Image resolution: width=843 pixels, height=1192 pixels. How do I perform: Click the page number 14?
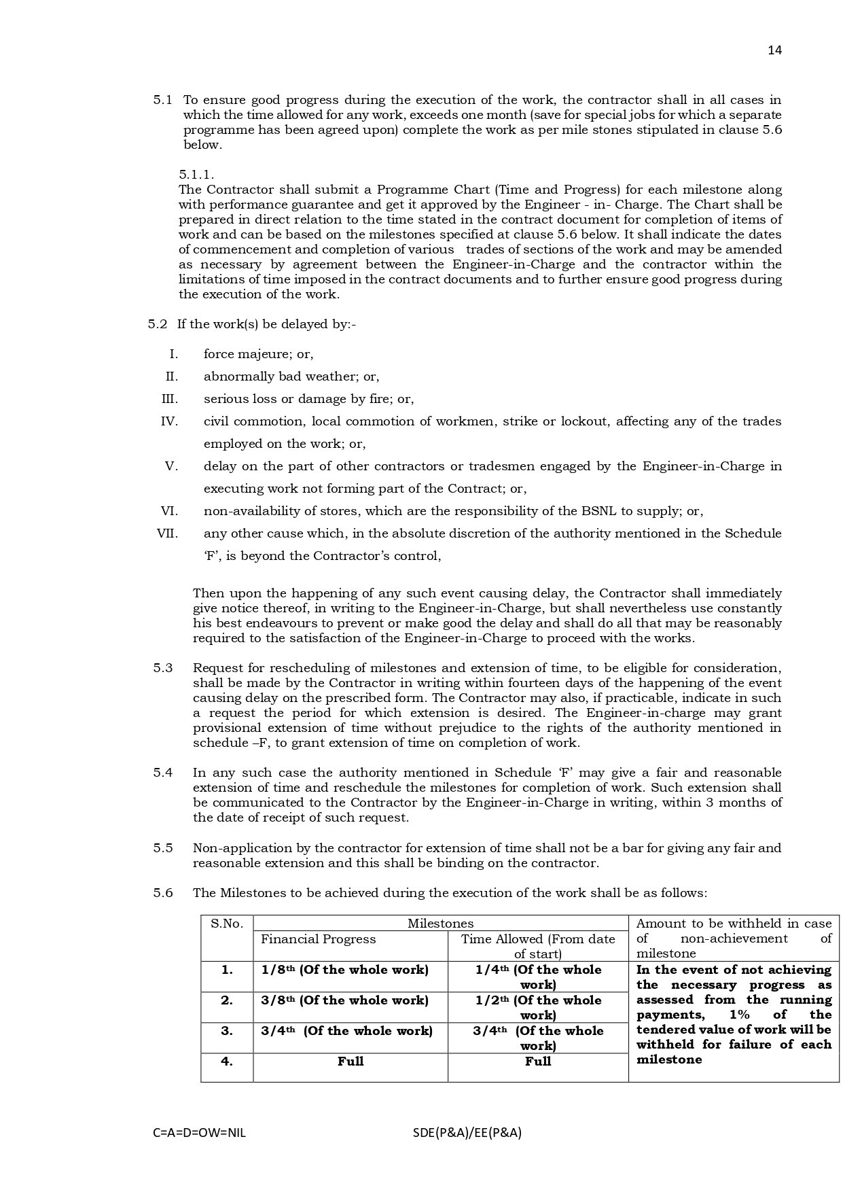coord(774,50)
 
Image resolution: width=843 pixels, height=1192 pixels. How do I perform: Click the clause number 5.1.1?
coord(196,175)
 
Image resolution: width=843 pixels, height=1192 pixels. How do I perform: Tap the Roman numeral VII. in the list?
coord(167,533)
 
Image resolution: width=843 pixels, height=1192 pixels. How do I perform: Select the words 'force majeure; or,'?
coord(258,354)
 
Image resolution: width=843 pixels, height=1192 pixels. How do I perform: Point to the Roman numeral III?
coord(169,399)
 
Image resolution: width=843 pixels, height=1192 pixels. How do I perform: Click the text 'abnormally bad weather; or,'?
coord(291,376)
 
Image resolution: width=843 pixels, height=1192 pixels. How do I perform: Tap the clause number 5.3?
coord(163,668)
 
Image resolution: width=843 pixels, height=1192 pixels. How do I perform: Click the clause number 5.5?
coord(163,848)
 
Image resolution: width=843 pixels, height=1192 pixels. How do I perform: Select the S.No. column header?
coord(227,924)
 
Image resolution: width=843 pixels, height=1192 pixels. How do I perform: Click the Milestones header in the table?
coord(440,924)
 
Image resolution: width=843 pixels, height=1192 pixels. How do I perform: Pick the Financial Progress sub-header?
coord(318,939)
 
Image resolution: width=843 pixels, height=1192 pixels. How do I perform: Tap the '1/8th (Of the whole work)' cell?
coord(344,970)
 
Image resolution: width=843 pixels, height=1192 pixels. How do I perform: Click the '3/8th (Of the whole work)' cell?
coord(344,1000)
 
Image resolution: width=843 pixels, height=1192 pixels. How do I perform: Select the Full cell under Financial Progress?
coord(351,1062)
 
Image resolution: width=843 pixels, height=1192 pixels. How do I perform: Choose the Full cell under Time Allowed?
coord(538,1062)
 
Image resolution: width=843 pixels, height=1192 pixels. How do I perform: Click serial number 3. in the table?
coord(227,1031)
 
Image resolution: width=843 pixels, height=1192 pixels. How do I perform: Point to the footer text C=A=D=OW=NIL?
coord(200,1133)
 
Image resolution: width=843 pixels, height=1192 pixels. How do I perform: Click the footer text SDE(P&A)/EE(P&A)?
coord(467,1133)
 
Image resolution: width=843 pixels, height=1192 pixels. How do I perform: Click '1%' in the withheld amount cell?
coord(740,1015)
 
